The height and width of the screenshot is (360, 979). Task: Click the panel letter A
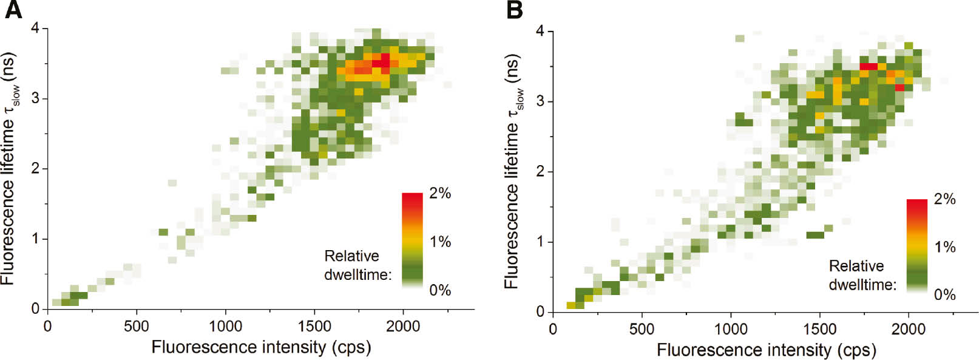[13, 10]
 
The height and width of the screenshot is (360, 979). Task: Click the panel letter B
[514, 10]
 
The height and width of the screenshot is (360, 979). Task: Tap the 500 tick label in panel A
[136, 327]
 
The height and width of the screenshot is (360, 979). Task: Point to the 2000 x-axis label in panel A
[403, 327]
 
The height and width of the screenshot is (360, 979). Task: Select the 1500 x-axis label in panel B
[819, 330]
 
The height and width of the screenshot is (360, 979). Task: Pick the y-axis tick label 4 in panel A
[35, 29]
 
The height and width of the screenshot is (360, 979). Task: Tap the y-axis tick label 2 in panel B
[540, 172]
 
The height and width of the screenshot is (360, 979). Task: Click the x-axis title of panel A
[261, 347]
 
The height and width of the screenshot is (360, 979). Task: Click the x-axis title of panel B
[766, 350]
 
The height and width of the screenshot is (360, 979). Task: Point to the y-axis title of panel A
[9, 168]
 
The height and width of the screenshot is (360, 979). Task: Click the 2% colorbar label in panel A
[440, 194]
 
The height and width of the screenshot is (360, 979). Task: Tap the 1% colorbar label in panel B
[944, 247]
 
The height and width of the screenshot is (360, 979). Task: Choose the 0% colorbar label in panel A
[440, 290]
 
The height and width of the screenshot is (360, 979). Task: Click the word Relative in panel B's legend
[856, 266]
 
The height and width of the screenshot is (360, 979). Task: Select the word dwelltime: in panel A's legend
[357, 275]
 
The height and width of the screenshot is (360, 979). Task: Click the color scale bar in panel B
[916, 246]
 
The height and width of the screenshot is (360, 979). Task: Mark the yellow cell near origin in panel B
[571, 305]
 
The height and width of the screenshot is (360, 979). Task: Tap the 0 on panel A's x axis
[47, 327]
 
